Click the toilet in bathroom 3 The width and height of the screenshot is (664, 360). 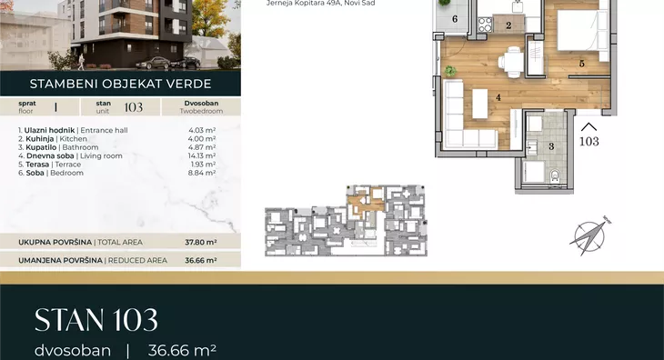[555, 175]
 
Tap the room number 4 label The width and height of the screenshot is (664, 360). [498, 97]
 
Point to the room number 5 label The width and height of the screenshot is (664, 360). [582, 64]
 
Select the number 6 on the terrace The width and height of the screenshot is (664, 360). [455, 18]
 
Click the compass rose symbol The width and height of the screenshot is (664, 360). [590, 237]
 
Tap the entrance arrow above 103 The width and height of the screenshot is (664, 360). [589, 127]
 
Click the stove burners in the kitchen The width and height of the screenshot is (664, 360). [486, 25]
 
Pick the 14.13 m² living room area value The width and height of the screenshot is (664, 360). [202, 155]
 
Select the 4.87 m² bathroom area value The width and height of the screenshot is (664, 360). [203, 147]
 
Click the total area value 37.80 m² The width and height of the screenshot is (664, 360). [201, 243]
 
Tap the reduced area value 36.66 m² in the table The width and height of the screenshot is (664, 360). [201, 261]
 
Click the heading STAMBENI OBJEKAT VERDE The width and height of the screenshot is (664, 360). [121, 84]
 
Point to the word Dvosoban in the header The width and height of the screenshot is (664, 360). [201, 104]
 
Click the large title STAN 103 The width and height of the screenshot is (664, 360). [96, 320]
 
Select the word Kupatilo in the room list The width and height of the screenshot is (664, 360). [41, 147]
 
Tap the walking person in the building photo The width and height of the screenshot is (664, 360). [81, 62]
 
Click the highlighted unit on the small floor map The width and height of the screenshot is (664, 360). [365, 202]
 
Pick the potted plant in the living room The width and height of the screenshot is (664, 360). [450, 71]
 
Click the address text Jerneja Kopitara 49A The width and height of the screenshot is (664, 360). [303, 4]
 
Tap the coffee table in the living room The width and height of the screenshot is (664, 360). [480, 104]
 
